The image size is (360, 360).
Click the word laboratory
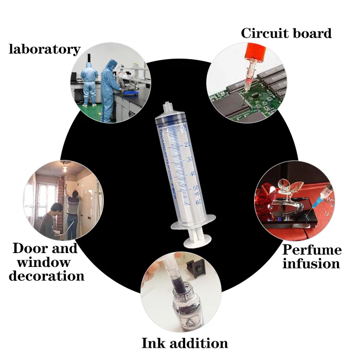pyautogui.click(x=45, y=49)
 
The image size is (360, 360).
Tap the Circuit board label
pyautogui.click(x=286, y=34)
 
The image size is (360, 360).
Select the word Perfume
pyautogui.click(x=312, y=250)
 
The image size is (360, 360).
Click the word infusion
pyautogui.click(x=311, y=264)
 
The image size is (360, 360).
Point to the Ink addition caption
pyautogui.click(x=185, y=343)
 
